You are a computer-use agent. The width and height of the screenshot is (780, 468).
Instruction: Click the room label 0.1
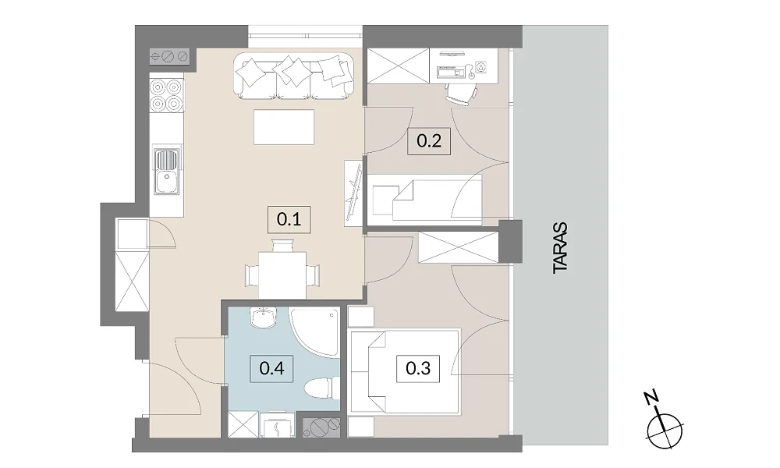tap(289, 219)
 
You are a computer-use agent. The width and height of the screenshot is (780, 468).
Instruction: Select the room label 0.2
tap(429, 141)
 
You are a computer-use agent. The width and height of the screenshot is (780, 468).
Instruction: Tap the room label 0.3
tap(418, 368)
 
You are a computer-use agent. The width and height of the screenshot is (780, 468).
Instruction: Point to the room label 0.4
tap(271, 368)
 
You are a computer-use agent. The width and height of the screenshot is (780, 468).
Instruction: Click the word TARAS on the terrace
tap(560, 247)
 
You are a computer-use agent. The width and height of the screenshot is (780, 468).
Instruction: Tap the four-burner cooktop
tap(166, 95)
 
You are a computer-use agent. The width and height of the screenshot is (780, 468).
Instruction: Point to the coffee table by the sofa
tap(284, 127)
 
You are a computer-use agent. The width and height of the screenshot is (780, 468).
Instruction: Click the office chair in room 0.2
tap(461, 93)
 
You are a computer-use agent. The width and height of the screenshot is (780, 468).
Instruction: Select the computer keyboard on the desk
tap(451, 72)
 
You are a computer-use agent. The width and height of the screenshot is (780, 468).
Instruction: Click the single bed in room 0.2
tap(427, 200)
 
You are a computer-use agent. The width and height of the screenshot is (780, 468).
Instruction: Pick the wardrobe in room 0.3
tap(458, 248)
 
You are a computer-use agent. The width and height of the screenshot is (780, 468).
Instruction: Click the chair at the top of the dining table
tap(282, 246)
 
